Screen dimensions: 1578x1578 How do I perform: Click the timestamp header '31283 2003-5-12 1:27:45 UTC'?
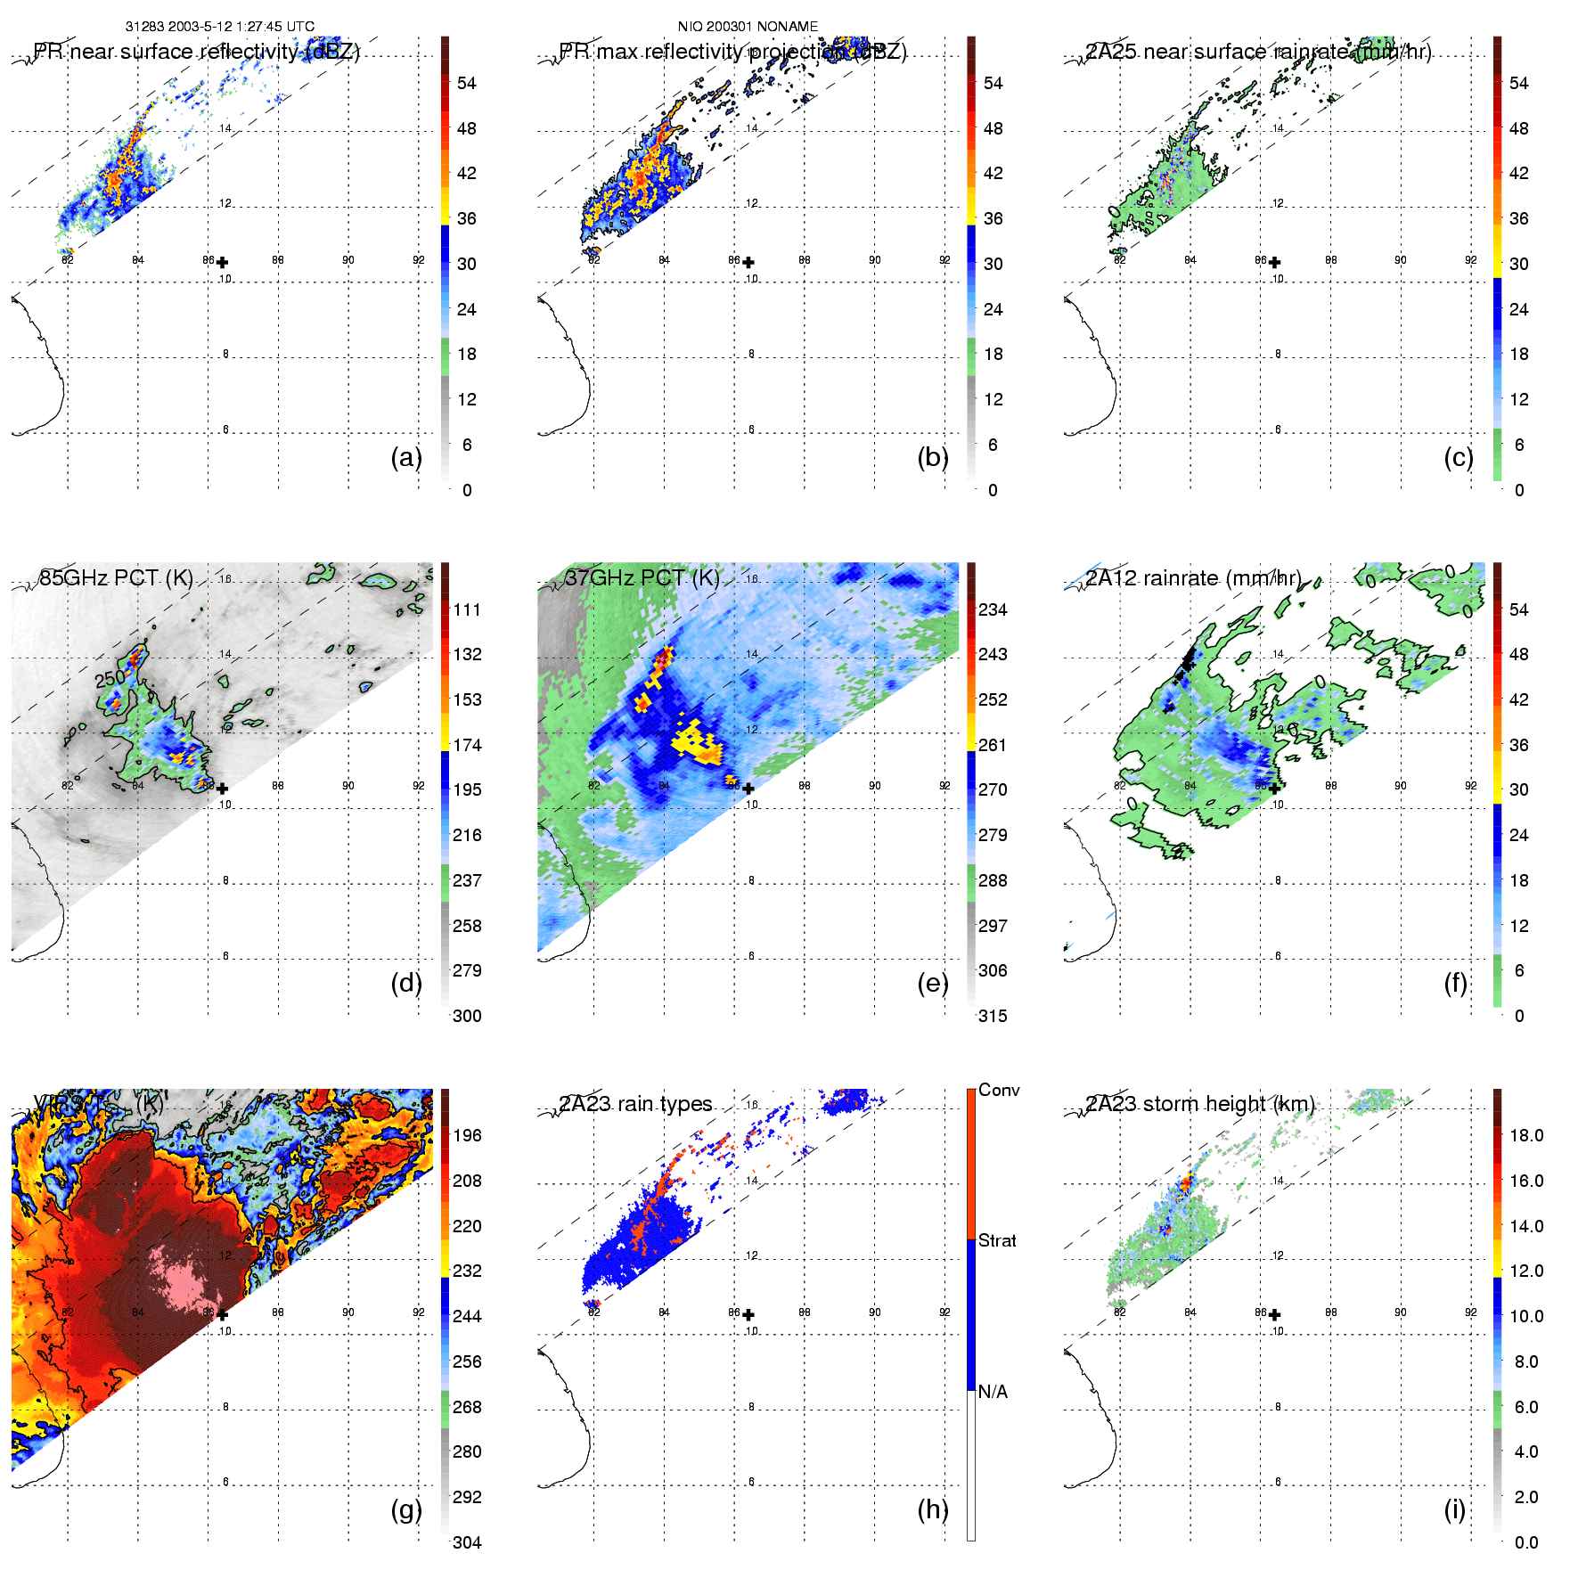click(x=219, y=27)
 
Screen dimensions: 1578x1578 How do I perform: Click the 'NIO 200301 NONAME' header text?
click(x=748, y=27)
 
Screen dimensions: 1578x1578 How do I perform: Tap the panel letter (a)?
click(x=406, y=457)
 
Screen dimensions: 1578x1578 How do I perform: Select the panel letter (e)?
click(x=932, y=983)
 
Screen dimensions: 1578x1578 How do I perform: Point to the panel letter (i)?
click(x=1454, y=1509)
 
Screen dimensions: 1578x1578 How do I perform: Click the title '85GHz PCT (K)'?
click(x=116, y=577)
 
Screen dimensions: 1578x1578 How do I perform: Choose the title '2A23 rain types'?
click(x=635, y=1104)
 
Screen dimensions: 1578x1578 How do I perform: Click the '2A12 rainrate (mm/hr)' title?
click(x=1193, y=577)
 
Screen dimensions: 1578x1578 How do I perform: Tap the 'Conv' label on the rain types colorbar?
click(x=999, y=1090)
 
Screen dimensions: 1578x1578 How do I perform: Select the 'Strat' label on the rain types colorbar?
click(x=997, y=1240)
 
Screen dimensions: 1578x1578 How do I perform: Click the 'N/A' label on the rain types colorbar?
click(x=993, y=1392)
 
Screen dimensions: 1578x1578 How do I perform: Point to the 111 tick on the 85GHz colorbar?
click(x=467, y=609)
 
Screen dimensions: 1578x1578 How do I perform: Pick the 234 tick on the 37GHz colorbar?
click(x=993, y=609)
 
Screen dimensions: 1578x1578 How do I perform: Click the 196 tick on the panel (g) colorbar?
click(x=467, y=1135)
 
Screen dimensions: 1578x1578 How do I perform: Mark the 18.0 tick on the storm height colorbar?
click(x=1526, y=1135)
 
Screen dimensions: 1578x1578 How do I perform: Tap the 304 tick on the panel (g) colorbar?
click(x=467, y=1542)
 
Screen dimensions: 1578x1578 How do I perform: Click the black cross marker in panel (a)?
click(x=222, y=262)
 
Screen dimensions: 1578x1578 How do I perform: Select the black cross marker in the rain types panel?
click(x=748, y=1314)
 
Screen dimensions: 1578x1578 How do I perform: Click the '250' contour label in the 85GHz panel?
click(x=110, y=679)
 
